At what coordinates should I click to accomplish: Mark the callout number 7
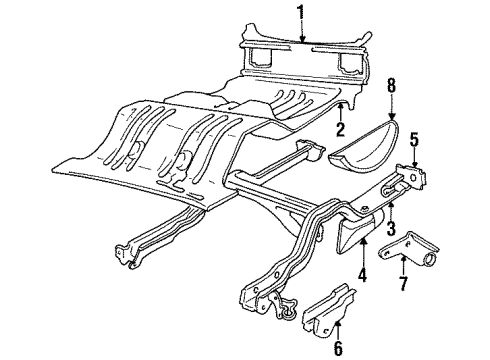[x=404, y=285]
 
